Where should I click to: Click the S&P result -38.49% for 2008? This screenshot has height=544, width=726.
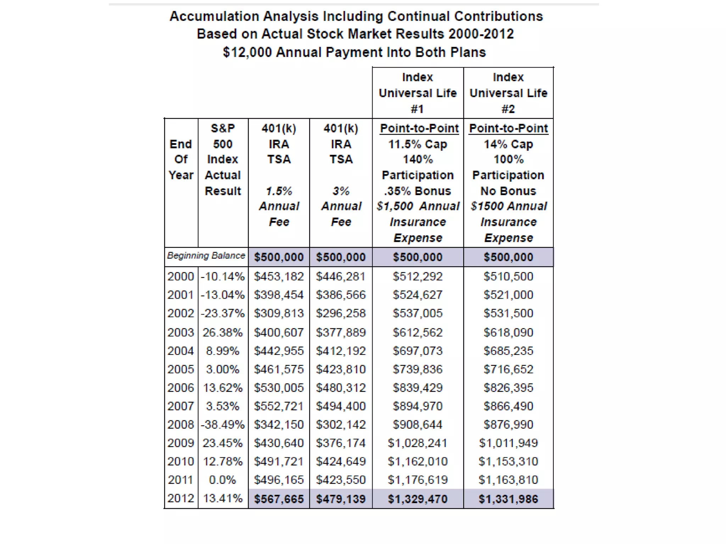tap(223, 425)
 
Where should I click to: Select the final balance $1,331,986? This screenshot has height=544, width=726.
tap(508, 499)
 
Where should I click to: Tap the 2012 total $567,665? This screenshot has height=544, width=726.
tap(279, 499)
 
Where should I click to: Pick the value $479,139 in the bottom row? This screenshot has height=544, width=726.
tap(341, 499)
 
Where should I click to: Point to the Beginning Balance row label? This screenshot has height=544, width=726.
tap(206, 256)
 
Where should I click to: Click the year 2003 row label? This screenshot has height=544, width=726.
tap(181, 333)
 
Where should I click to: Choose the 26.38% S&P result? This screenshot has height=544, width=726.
tap(223, 333)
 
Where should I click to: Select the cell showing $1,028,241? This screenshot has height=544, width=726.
tap(417, 443)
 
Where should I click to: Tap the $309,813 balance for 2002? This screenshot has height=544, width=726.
tap(279, 313)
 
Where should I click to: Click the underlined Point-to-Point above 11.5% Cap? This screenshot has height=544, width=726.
tap(419, 128)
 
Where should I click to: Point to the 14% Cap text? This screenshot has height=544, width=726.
tap(508, 144)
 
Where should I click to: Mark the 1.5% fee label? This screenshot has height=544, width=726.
tap(279, 191)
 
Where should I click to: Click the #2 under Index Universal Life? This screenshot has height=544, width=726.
tap(508, 109)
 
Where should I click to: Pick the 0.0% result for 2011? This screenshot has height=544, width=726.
tap(222, 480)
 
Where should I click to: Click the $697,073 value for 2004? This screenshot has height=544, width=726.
tap(417, 351)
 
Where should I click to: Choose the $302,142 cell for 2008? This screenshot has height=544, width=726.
tap(341, 425)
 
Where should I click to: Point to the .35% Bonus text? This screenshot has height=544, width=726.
tap(417, 191)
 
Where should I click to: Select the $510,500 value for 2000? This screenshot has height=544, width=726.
tap(508, 277)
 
